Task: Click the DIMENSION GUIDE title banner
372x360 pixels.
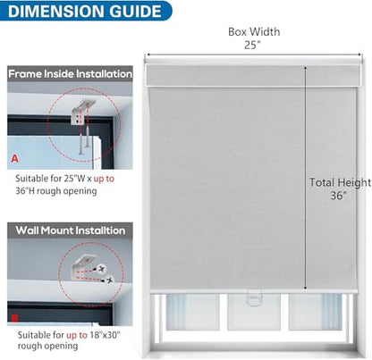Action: point(86,11)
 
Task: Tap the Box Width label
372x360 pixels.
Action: point(254,32)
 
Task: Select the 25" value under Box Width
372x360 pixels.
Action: point(252,45)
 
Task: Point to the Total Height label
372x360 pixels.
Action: point(340,182)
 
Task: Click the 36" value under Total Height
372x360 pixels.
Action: point(338,196)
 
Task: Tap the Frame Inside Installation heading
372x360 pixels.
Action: point(70,74)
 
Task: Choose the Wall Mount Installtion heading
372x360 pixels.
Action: point(71,230)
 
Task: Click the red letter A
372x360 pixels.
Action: point(14,159)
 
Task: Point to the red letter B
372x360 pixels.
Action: point(14,318)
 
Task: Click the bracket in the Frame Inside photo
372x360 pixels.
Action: point(81,113)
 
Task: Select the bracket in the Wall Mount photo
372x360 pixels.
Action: point(84,266)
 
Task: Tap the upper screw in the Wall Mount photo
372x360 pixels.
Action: point(102,269)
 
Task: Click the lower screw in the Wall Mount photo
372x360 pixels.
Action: point(109,280)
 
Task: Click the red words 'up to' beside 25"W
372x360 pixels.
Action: point(104,179)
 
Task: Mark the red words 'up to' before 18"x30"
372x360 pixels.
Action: point(77,335)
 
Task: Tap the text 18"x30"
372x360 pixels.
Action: point(105,335)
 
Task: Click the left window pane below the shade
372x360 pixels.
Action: point(192,312)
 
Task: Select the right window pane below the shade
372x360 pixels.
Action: point(316,312)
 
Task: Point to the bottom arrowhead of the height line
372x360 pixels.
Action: point(306,288)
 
